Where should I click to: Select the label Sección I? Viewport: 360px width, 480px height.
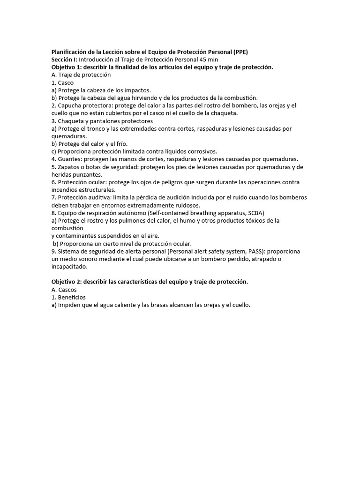pyautogui.click(x=65, y=60)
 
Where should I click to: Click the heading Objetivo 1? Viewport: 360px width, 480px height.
pyautogui.click(x=68, y=67)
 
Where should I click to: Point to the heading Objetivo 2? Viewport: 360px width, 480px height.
pyautogui.click(x=68, y=281)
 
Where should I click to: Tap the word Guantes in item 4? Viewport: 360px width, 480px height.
pyautogui.click(x=69, y=159)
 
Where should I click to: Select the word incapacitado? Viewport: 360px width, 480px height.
pyautogui.click(x=70, y=266)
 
